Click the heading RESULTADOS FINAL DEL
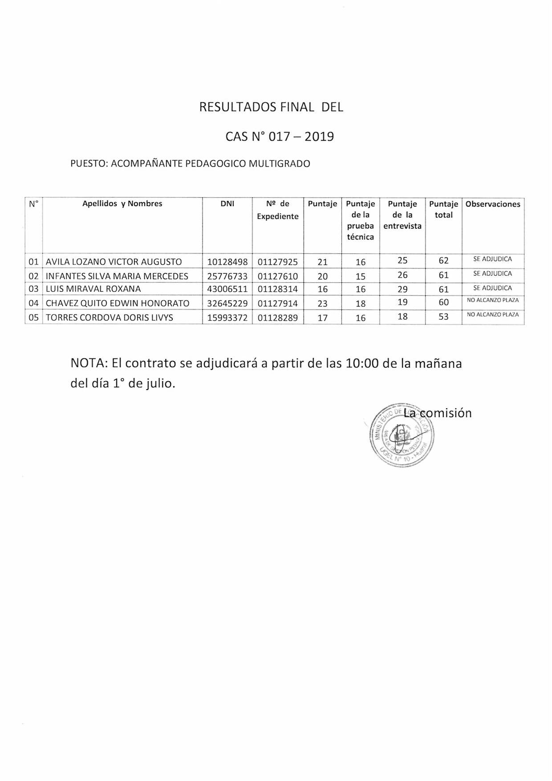tap(271, 107)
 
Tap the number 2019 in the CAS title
tap(319, 137)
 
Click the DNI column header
tap(227, 204)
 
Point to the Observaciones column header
tap(493, 204)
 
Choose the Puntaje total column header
tap(443, 209)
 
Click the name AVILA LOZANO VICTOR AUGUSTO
tap(114, 262)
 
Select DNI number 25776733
tap(227, 277)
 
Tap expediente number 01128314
tap(278, 289)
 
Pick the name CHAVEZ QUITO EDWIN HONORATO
tap(118, 304)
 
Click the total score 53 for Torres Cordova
tap(443, 317)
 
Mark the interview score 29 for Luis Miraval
tap(402, 289)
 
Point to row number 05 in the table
tap(34, 318)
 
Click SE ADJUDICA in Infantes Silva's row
tap(492, 274)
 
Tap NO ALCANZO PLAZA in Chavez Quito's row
tap(492, 301)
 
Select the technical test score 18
tap(361, 304)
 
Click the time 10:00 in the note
tap(362, 364)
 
